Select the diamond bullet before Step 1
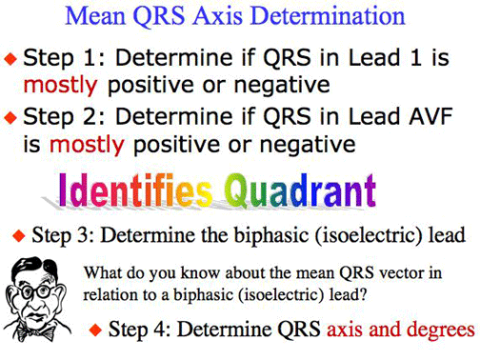click(10, 58)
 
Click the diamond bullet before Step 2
click(10, 119)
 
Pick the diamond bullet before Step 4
click(94, 330)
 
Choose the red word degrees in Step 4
click(441, 330)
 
